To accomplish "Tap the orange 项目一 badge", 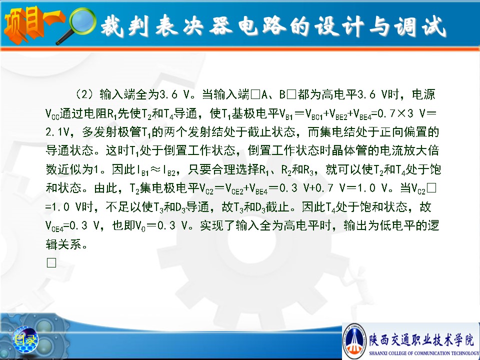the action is click(33, 24).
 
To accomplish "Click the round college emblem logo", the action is click(354, 340).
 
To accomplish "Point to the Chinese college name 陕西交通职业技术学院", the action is click(421, 340).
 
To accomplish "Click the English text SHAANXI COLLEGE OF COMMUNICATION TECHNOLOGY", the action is click(424, 353).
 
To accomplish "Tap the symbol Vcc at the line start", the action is click(52, 114).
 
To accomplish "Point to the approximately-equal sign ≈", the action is click(155, 169).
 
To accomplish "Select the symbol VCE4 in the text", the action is click(54, 226).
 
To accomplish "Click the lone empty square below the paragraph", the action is click(51, 262).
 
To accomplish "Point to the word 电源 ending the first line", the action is click(423, 94).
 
